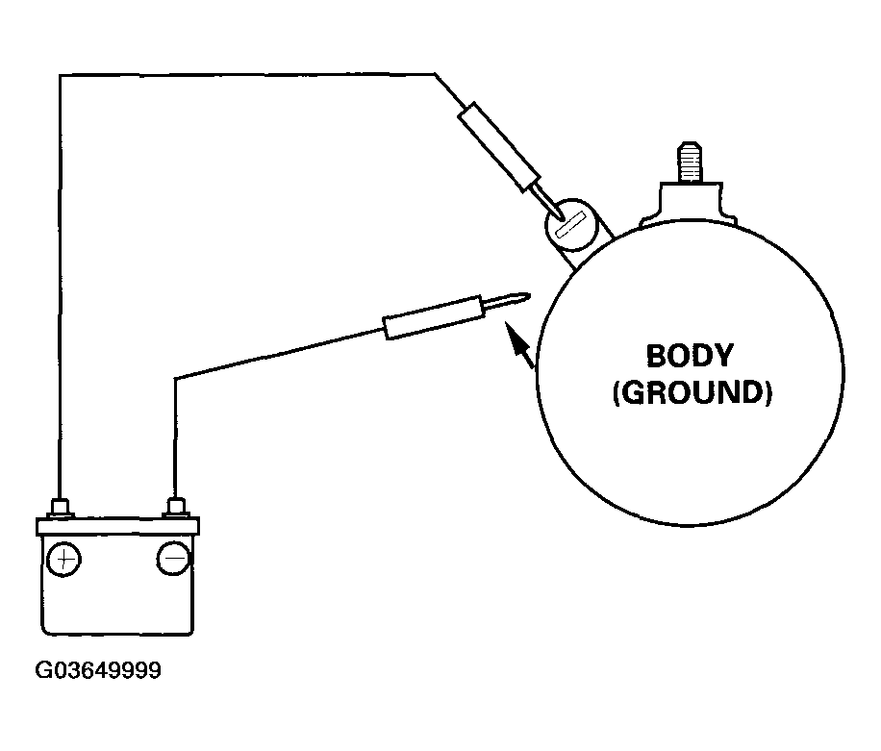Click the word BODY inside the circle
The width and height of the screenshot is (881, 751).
point(689,356)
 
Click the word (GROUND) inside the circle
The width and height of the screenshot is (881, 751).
point(692,393)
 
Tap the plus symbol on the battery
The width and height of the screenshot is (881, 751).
point(63,559)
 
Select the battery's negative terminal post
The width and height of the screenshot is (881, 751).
point(175,507)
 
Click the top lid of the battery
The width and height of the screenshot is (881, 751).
point(118,525)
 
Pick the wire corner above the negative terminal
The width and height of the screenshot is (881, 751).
point(175,379)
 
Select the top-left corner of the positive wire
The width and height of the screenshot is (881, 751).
point(61,74)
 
